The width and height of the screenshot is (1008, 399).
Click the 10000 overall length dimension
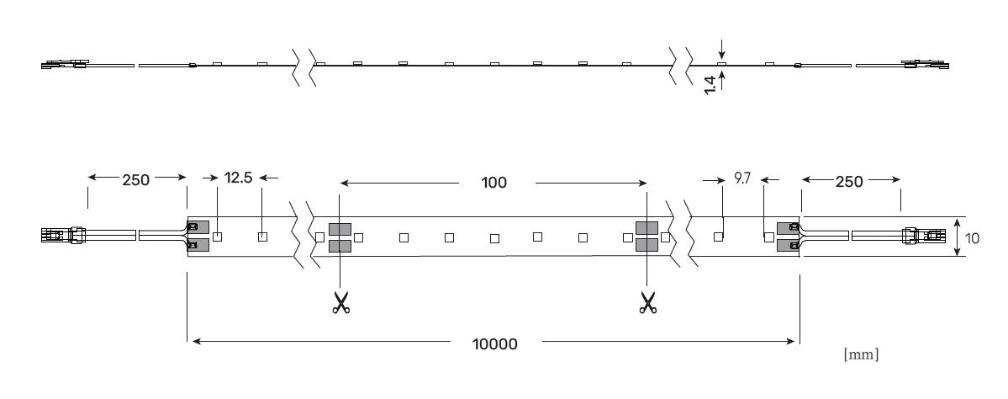494,344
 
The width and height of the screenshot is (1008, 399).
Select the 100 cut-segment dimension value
493,183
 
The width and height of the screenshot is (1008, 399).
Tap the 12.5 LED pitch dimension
238,178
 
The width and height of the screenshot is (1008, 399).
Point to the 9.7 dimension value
742,179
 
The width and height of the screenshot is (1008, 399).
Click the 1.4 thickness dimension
710,85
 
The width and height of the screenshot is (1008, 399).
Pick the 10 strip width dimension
972,238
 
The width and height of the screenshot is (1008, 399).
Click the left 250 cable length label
135,179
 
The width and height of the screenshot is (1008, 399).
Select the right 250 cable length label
848,182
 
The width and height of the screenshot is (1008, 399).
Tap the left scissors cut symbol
340,302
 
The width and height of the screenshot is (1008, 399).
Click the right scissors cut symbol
647,302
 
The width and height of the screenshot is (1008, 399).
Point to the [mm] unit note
861,354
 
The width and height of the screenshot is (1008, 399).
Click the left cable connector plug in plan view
63,235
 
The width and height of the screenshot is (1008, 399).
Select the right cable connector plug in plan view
925,236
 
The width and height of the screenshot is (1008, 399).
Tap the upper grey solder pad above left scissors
340,228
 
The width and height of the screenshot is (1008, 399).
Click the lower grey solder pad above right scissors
646,245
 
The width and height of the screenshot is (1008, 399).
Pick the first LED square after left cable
217,237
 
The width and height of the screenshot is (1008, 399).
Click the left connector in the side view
65,64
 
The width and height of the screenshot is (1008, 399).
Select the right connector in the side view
925,64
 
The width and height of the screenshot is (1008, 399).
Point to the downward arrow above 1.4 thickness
722,48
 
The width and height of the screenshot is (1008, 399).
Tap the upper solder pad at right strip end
788,228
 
